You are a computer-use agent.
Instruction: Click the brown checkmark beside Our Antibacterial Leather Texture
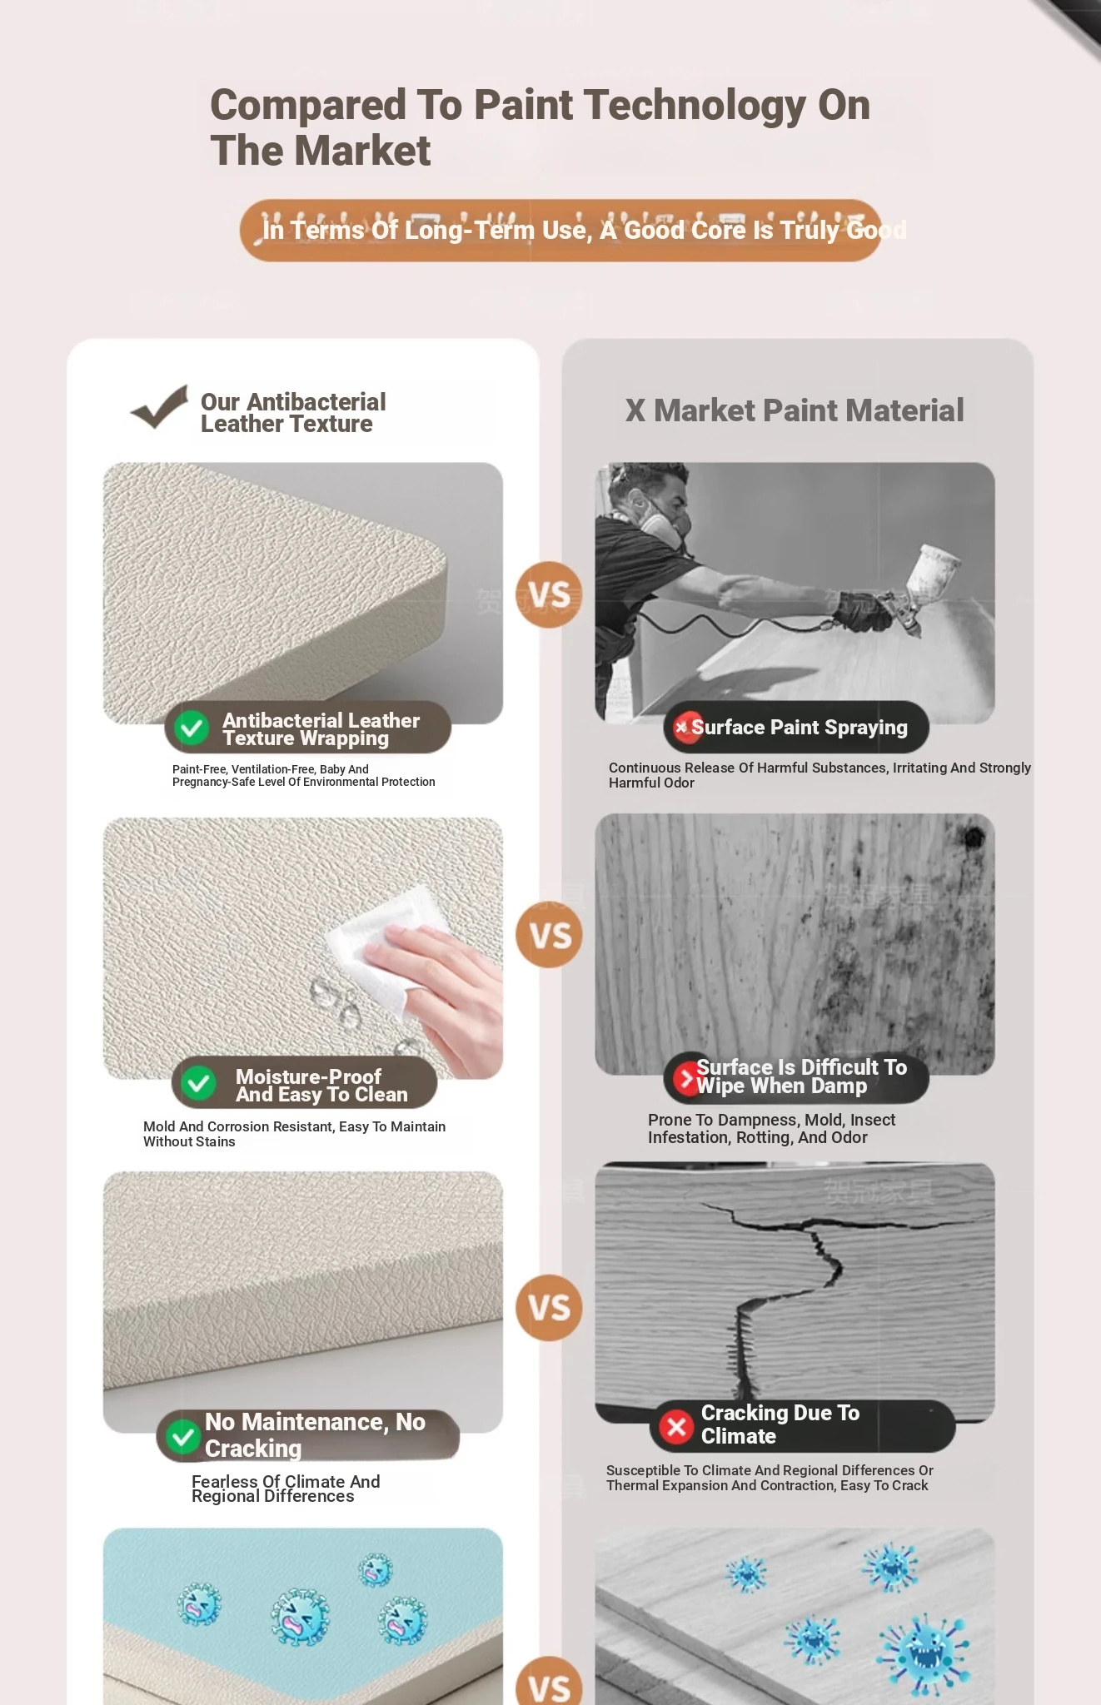pyautogui.click(x=159, y=407)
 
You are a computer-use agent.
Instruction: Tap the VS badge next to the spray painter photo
pyautogui.click(x=549, y=594)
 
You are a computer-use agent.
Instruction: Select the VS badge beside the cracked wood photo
pyautogui.click(x=549, y=1307)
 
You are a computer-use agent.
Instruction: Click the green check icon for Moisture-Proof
pyautogui.click(x=199, y=1083)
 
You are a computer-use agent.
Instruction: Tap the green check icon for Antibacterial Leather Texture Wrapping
pyautogui.click(x=192, y=728)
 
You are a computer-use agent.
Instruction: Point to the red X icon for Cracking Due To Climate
pyautogui.click(x=676, y=1426)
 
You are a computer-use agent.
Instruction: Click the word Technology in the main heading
pyautogui.click(x=695, y=105)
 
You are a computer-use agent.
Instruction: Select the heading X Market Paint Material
pyautogui.click(x=795, y=410)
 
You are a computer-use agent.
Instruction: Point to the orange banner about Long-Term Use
pyautogui.click(x=560, y=230)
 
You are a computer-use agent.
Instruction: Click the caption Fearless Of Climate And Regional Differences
pyautogui.click(x=286, y=1489)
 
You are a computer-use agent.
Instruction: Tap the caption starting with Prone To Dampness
pyautogui.click(x=771, y=1128)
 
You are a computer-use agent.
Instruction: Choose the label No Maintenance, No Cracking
pyautogui.click(x=315, y=1434)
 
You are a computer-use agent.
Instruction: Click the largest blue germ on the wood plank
pyautogui.click(x=924, y=1653)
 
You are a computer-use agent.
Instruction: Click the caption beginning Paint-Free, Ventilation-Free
pyautogui.click(x=303, y=775)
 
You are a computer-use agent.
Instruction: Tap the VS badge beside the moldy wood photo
pyautogui.click(x=549, y=935)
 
